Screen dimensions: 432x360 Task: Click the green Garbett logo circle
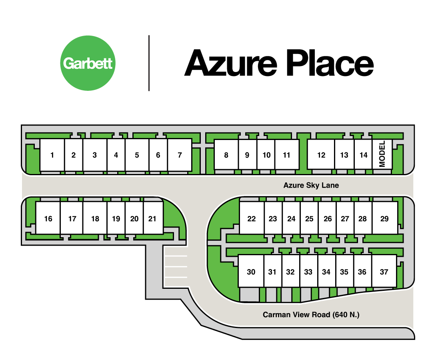tap(88, 63)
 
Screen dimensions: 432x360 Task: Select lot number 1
tap(52, 155)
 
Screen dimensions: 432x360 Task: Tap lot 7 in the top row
tap(180, 155)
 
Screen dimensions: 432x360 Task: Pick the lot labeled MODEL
tap(382, 154)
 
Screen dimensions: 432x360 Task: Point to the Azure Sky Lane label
tap(311, 185)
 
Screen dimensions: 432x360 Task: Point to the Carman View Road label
tap(311, 314)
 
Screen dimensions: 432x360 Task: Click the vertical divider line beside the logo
tap(149, 63)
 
